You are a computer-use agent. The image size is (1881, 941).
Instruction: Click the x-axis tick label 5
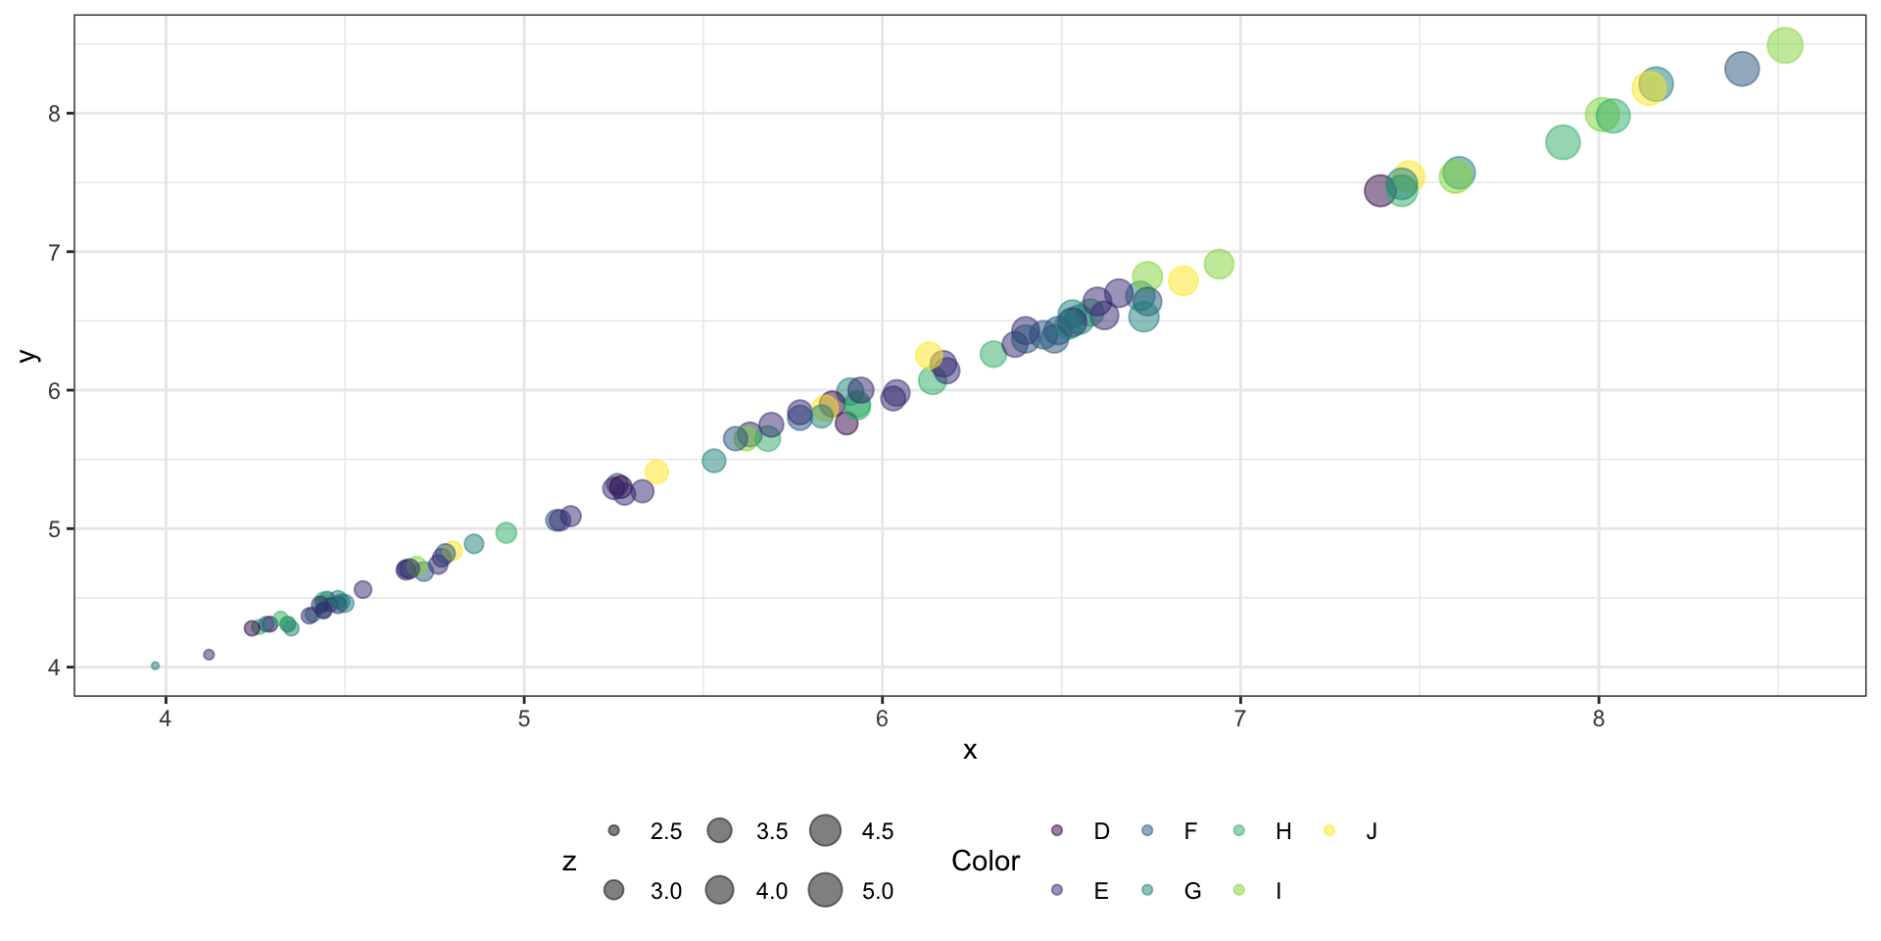pyautogui.click(x=524, y=719)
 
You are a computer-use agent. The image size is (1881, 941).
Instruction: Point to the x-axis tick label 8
pyautogui.click(x=1599, y=719)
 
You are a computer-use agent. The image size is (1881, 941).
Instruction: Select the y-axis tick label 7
pyautogui.click(x=55, y=253)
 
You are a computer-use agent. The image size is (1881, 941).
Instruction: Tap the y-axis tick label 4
pyautogui.click(x=55, y=668)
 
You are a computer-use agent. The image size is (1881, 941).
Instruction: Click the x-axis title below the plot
pyautogui.click(x=970, y=751)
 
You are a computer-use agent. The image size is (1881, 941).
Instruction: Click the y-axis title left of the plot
pyautogui.click(x=29, y=356)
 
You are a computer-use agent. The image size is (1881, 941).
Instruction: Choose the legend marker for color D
pyautogui.click(x=1057, y=831)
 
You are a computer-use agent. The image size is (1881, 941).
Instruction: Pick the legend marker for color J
pyautogui.click(x=1329, y=831)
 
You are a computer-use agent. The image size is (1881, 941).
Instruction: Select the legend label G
pyautogui.click(x=1192, y=891)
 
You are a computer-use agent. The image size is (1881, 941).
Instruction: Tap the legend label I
pyautogui.click(x=1278, y=891)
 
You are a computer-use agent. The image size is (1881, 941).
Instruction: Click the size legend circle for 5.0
pyautogui.click(x=826, y=890)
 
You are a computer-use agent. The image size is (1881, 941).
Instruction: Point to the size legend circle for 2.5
pyautogui.click(x=614, y=831)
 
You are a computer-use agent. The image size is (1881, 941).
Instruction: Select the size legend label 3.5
pyautogui.click(x=772, y=832)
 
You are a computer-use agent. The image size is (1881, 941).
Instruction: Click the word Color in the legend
pyautogui.click(x=986, y=861)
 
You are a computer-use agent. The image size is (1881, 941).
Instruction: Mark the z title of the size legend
pyautogui.click(x=569, y=862)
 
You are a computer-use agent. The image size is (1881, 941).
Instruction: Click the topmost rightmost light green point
pyautogui.click(x=1785, y=45)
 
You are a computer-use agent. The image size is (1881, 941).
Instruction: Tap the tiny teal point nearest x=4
pyautogui.click(x=155, y=666)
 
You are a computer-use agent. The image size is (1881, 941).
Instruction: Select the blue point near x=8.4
pyautogui.click(x=1741, y=70)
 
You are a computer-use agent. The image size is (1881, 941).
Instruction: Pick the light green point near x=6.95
pyautogui.click(x=1219, y=264)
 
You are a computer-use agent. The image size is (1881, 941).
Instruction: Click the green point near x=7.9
pyautogui.click(x=1563, y=143)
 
